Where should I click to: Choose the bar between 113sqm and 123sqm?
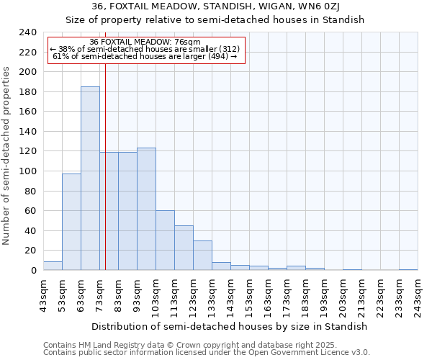184,248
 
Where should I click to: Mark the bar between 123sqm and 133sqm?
202,256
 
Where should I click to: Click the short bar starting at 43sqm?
53,266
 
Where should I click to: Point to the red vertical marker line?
105,180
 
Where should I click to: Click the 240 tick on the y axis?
27,32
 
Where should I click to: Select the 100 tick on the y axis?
27,171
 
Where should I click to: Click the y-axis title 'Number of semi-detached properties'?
6,156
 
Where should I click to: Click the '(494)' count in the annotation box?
216,56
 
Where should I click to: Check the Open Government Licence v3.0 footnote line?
207,353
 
